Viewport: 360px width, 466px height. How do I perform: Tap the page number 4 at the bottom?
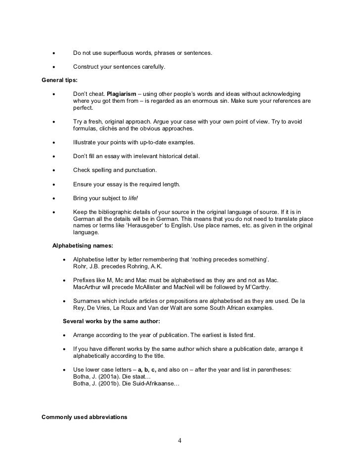pyautogui.click(x=180, y=441)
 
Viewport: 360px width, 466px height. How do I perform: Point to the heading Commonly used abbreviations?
pyautogui.click(x=84, y=417)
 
